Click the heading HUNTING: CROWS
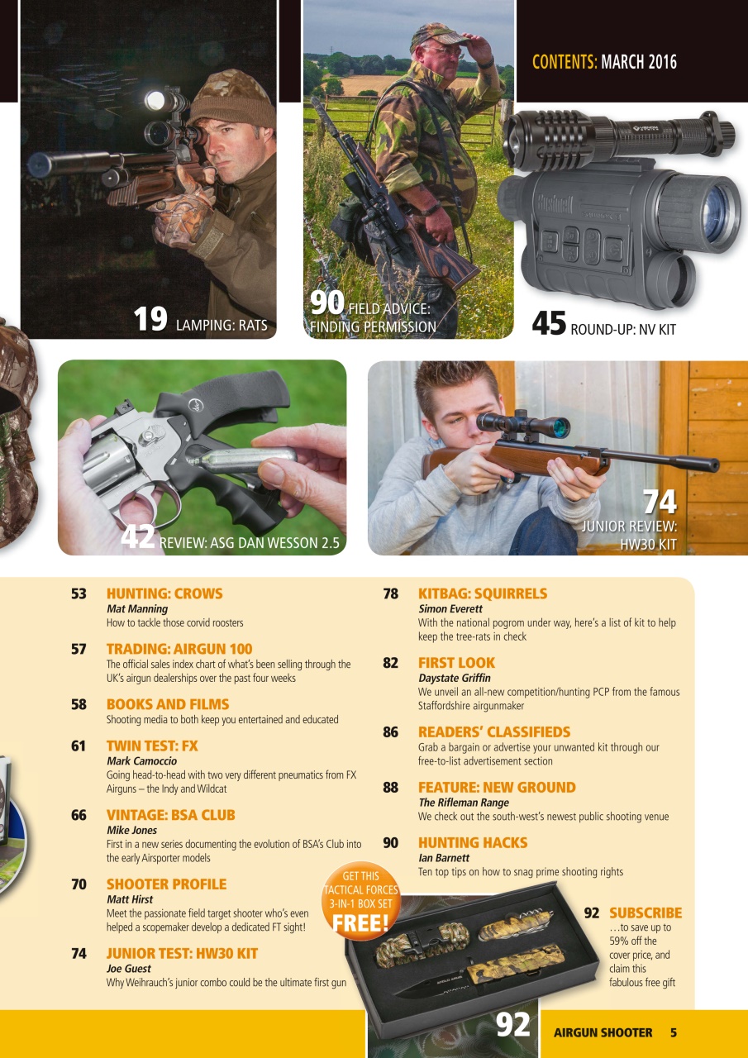point(164,593)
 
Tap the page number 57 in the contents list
point(79,649)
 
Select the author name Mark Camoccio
point(141,760)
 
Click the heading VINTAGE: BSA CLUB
point(170,815)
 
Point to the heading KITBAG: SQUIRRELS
point(483,593)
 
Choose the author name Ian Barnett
point(444,858)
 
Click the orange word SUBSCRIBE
point(646,913)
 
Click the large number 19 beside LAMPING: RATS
point(150,320)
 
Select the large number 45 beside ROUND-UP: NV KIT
point(549,324)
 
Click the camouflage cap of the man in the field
point(437,35)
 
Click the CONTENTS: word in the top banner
point(565,62)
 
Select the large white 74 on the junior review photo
point(659,501)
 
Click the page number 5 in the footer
point(674,1032)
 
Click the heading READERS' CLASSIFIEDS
point(494,732)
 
